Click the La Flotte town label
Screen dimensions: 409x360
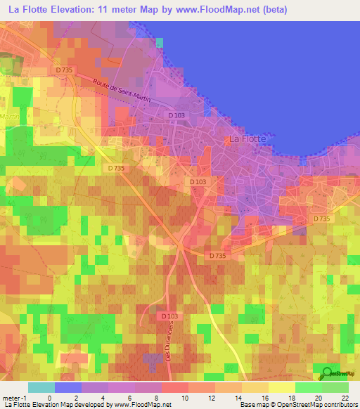(x=247, y=139)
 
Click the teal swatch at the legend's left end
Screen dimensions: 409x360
(x=41, y=387)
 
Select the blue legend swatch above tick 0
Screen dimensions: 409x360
(x=68, y=387)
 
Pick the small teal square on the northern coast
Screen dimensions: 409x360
(x=160, y=43)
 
